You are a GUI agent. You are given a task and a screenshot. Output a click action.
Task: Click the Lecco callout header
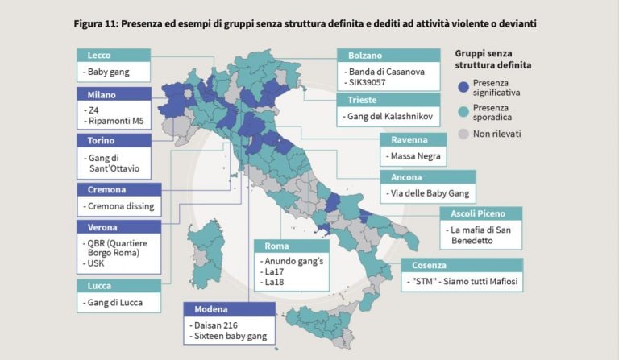(114, 55)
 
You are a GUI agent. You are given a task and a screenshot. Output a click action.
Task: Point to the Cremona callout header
(119, 189)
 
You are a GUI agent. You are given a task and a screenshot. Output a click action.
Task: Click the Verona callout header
(119, 227)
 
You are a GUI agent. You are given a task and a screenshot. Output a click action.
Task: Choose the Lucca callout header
(118, 285)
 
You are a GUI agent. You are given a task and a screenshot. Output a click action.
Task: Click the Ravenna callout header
(423, 139)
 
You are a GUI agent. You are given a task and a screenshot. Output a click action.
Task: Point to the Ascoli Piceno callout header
(480, 213)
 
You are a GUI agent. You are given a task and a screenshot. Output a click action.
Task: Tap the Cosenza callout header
(462, 265)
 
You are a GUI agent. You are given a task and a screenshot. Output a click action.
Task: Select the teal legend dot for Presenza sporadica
(463, 111)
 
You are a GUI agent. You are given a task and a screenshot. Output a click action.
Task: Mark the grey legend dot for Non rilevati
(463, 134)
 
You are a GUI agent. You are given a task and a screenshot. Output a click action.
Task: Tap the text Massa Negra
(414, 155)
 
